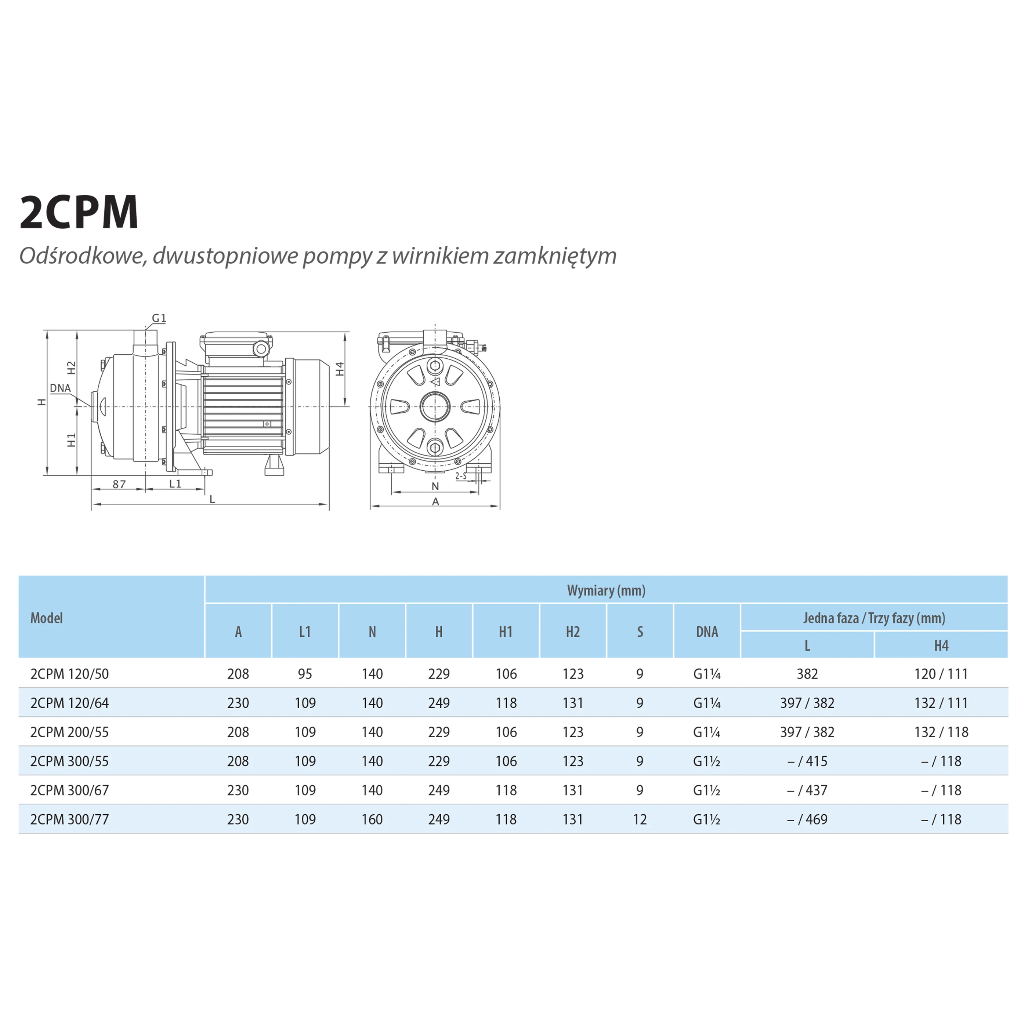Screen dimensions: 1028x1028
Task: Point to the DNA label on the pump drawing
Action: tap(60, 388)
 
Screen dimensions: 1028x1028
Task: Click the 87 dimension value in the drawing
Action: tap(119, 484)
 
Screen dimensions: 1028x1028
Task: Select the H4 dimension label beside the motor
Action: tap(340, 369)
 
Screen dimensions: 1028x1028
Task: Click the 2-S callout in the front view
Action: tap(461, 476)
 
